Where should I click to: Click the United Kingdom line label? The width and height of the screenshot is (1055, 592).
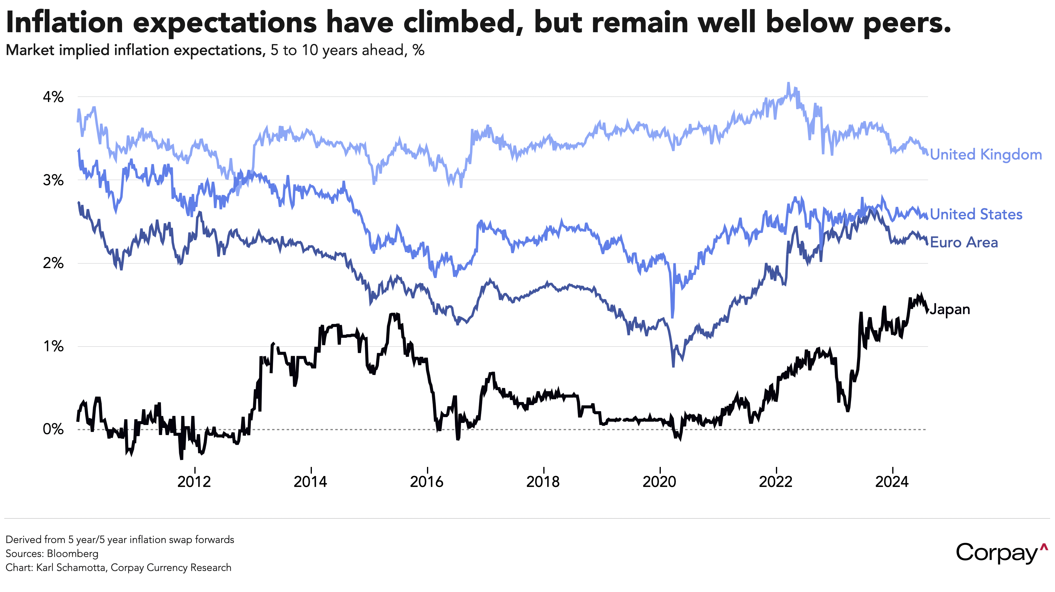(986, 155)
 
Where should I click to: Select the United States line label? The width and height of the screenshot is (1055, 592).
(976, 214)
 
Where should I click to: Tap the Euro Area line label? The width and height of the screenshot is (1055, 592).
(964, 242)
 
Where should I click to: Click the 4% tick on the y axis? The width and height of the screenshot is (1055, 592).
(53, 97)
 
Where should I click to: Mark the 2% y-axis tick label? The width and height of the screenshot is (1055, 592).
(53, 263)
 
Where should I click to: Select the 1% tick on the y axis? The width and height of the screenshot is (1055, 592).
(53, 346)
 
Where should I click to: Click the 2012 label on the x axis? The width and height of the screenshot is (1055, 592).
(194, 482)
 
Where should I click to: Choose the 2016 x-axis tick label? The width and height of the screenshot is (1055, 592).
(427, 482)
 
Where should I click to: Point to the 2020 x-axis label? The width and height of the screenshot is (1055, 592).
(659, 482)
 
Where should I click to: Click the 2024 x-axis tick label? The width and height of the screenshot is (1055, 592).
(892, 482)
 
